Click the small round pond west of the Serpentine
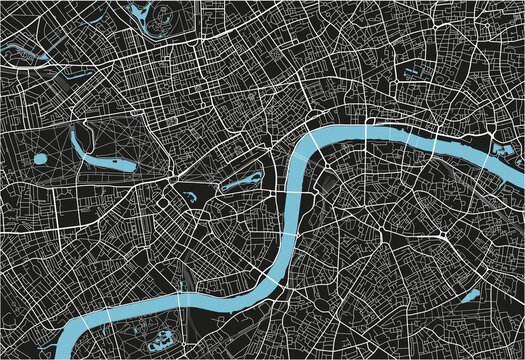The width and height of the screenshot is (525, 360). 40,158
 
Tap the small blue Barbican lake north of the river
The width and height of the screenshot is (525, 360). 411,72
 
